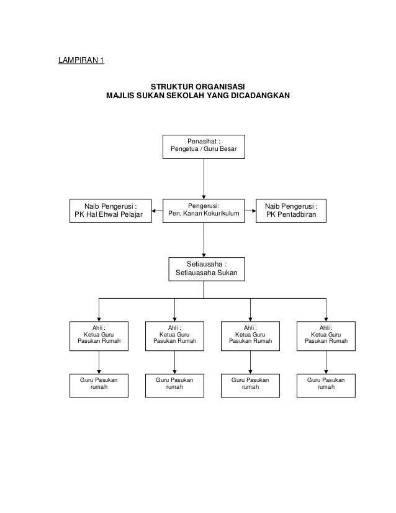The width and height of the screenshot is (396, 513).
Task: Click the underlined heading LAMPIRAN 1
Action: [81, 60]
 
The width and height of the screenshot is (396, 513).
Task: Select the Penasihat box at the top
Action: [204, 147]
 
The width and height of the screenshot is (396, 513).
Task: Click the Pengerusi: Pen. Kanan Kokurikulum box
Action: [204, 211]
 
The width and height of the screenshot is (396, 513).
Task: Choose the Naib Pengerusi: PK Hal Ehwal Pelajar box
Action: [110, 211]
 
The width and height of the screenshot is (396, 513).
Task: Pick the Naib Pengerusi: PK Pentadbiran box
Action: [291, 211]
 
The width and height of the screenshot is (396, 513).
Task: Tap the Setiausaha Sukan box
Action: [207, 270]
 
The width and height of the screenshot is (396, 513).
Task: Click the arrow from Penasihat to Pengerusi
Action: [204, 179]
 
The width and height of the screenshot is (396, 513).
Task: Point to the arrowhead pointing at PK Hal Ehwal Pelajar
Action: [154, 211]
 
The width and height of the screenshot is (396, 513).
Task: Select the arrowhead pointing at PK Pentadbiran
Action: [254, 211]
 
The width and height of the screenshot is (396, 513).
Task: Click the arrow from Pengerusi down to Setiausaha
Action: [204, 240]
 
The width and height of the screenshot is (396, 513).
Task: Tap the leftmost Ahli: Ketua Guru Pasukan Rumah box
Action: [99, 336]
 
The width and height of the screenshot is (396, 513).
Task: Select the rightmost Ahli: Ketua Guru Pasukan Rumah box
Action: [326, 336]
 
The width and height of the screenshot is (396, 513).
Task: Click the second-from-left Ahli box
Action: [174, 336]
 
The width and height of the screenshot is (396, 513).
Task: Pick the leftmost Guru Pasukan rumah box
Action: [99, 386]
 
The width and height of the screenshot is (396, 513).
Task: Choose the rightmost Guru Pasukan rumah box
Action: [326, 386]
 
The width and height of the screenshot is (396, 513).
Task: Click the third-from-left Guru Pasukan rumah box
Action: [250, 386]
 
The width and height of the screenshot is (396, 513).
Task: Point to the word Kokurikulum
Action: [222, 213]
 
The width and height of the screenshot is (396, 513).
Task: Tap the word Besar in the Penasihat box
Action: [228, 149]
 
